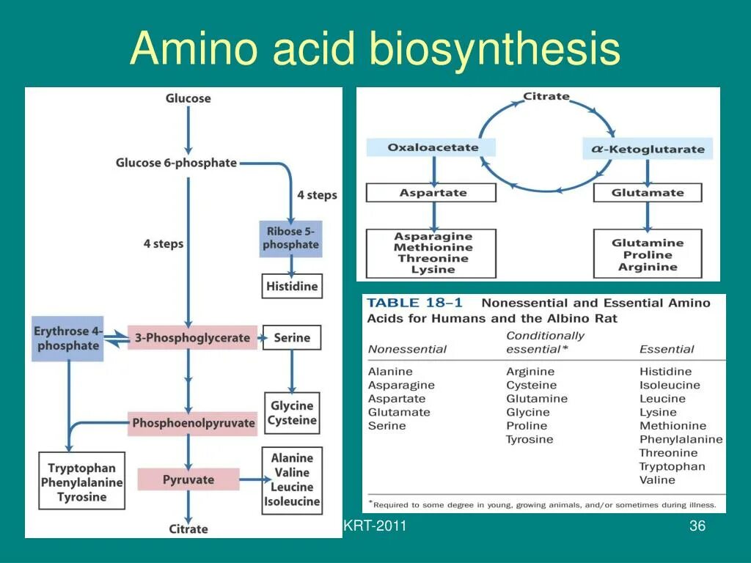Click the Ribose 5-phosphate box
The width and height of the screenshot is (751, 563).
pyautogui.click(x=290, y=238)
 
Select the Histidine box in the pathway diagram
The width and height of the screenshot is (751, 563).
pyautogui.click(x=292, y=286)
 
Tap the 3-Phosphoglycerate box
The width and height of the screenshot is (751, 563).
pyautogui.click(x=192, y=338)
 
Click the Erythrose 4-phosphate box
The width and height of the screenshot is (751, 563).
pyautogui.click(x=68, y=338)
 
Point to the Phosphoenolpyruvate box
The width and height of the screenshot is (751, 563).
pyautogui.click(x=194, y=423)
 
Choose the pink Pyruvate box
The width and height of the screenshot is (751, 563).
pyautogui.click(x=188, y=480)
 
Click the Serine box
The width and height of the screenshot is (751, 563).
pyautogui.click(x=292, y=338)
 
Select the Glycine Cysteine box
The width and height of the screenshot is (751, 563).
pyautogui.click(x=292, y=413)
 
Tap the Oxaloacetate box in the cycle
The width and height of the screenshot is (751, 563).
pyautogui.click(x=432, y=147)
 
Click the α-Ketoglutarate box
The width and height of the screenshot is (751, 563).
pyautogui.click(x=648, y=149)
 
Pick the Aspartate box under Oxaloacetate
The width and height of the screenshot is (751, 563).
pyautogui.click(x=432, y=193)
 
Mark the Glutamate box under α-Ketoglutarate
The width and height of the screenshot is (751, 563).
pyautogui.click(x=647, y=193)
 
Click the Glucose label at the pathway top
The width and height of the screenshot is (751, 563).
pyautogui.click(x=188, y=98)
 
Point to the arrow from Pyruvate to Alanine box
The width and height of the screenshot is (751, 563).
pyautogui.click(x=251, y=480)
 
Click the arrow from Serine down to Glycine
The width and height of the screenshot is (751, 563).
pyautogui.click(x=292, y=370)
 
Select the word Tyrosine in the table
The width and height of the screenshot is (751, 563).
pyautogui.click(x=530, y=439)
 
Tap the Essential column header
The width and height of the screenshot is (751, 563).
pyautogui.click(x=667, y=349)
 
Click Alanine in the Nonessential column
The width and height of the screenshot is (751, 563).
pyautogui.click(x=390, y=372)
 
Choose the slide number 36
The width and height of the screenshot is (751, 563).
pyautogui.click(x=697, y=526)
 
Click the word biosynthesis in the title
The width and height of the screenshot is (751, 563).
pyautogui.click(x=496, y=50)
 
